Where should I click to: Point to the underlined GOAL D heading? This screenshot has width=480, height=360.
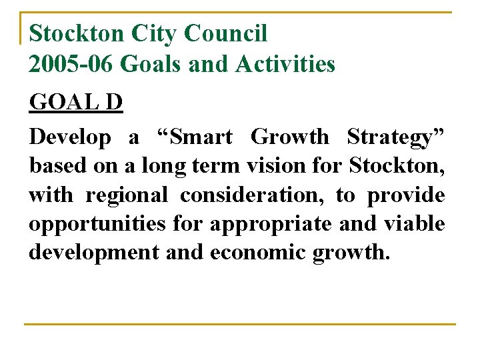click(76, 104)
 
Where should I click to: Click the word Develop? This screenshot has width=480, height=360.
click(70, 137)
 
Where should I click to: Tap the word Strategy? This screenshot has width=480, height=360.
click(394, 137)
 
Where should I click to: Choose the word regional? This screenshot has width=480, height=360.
click(127, 195)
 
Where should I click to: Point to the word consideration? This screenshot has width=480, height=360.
click(254, 195)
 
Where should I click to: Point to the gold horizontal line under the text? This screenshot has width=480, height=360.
click(240, 325)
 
